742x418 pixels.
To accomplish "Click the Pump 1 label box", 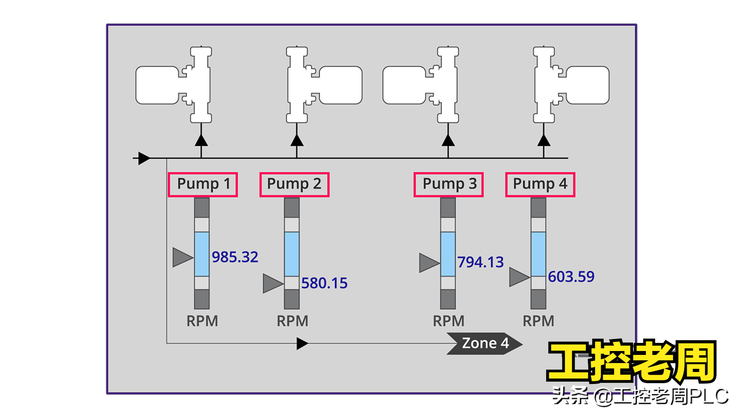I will tap(203, 185).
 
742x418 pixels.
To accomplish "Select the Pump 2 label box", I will tap(294, 185).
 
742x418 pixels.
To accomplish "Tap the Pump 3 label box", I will tap(448, 185).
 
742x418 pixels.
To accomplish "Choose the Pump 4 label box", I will tap(540, 185).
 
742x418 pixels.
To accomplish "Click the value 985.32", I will tap(235, 257).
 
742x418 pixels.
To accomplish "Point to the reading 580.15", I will tap(324, 283).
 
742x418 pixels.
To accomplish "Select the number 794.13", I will tap(480, 262).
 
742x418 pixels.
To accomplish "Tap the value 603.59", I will tap(571, 276).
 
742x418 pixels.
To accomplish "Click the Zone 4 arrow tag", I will tap(485, 343).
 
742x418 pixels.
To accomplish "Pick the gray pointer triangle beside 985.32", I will tap(182, 257).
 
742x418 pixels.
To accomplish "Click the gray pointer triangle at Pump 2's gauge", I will tap(272, 283).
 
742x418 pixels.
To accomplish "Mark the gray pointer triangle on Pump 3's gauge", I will tap(428, 263).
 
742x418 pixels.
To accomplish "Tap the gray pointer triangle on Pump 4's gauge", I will tap(519, 277).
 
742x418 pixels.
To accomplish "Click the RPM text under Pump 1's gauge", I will tap(202, 321).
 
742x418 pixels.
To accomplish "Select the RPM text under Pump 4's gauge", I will tap(538, 321).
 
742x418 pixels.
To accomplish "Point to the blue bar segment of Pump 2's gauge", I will tap(292, 254).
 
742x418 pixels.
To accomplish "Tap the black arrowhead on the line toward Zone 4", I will tap(302, 343).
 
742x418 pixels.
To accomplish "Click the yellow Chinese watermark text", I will tap(632, 362).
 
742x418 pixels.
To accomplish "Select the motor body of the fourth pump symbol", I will tap(588, 85).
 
